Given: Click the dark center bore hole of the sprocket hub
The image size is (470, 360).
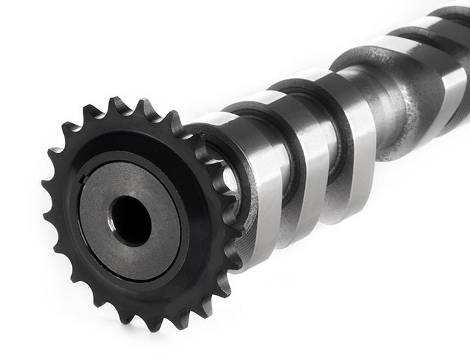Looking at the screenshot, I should click(x=131, y=220).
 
